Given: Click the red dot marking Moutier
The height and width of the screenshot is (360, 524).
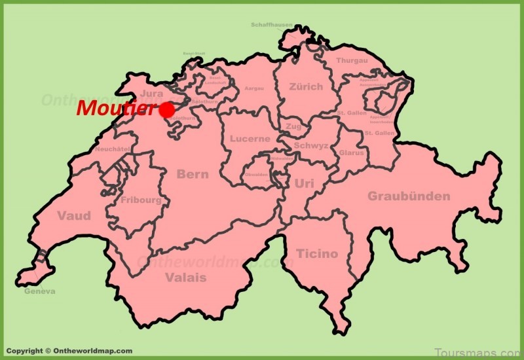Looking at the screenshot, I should (167, 109).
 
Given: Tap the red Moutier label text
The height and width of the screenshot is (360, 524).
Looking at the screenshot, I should (117, 109).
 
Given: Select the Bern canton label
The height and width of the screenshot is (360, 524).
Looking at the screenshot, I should (193, 174).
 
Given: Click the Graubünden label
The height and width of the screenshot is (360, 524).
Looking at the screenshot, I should (409, 196).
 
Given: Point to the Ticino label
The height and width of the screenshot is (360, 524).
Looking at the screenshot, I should (317, 253).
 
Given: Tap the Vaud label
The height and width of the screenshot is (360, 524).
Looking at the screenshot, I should (74, 216).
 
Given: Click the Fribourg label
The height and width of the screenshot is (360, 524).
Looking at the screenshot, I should (141, 200).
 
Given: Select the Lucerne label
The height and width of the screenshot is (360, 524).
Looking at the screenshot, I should (250, 139).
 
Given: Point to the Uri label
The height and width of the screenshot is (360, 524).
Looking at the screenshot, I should (305, 184).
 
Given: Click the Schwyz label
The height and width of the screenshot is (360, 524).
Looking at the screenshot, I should (311, 145).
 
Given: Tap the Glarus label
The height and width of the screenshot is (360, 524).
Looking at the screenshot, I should (352, 153).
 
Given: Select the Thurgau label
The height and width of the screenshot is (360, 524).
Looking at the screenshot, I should (352, 60).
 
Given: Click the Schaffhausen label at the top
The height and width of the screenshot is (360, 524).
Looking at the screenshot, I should (271, 25).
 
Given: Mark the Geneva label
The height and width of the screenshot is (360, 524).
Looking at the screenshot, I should (40, 291).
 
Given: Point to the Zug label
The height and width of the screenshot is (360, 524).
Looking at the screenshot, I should (293, 126).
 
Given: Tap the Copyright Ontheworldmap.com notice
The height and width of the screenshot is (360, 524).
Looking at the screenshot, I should (69, 351).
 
